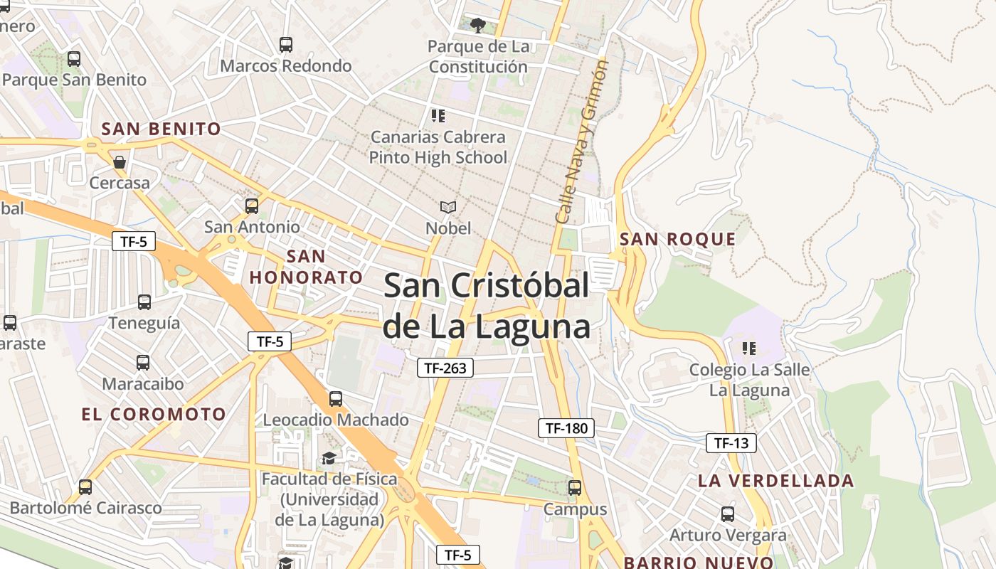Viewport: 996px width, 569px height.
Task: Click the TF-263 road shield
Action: pyautogui.click(x=445, y=368)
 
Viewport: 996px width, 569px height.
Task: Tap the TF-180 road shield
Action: pyautogui.click(x=566, y=427)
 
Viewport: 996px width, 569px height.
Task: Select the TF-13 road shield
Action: pyautogui.click(x=731, y=443)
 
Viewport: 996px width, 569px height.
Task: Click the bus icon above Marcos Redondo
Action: pyautogui.click(x=286, y=45)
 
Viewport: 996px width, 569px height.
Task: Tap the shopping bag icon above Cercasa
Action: pyautogui.click(x=120, y=162)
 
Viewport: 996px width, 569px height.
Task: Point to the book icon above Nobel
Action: pyautogui.click(x=447, y=207)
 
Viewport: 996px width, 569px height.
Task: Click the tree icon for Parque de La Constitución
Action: pyautogui.click(x=478, y=26)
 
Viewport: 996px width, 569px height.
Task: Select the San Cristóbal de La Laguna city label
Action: pyautogui.click(x=487, y=307)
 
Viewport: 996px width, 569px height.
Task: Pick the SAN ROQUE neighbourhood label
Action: pyautogui.click(x=677, y=239)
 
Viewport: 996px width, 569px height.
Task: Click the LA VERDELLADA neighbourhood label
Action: pyautogui.click(x=775, y=481)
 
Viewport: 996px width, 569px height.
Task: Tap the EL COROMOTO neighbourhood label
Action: pyautogui.click(x=154, y=415)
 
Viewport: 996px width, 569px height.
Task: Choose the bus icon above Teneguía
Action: pyautogui.click(x=144, y=302)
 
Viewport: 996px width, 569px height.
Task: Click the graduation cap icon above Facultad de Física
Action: pyautogui.click(x=329, y=458)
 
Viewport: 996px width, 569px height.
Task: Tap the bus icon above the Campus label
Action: pyautogui.click(x=575, y=488)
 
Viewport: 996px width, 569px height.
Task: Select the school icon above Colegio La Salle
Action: pyautogui.click(x=748, y=349)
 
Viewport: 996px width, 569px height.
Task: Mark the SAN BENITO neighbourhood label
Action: pyautogui.click(x=161, y=129)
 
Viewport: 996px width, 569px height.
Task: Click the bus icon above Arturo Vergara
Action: pyautogui.click(x=727, y=514)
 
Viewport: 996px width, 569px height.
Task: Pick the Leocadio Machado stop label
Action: pyautogui.click(x=336, y=420)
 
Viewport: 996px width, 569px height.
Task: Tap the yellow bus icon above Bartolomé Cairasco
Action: pyautogui.click(x=85, y=487)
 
